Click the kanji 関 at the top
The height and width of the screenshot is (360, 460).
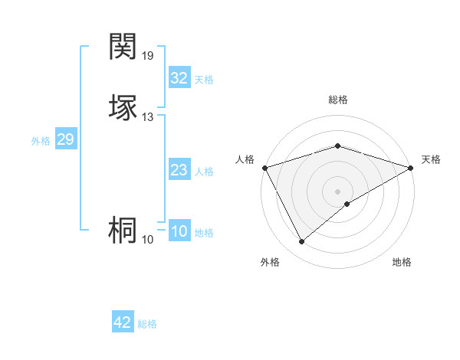(x=123, y=47)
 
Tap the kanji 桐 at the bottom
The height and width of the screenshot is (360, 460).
(x=123, y=231)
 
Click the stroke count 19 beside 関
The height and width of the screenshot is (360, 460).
(x=149, y=56)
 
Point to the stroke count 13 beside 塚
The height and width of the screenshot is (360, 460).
(x=148, y=117)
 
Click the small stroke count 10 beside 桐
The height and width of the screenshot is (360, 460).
(x=148, y=240)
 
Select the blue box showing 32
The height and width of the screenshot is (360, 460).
(x=179, y=78)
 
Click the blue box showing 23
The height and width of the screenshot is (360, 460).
(x=179, y=170)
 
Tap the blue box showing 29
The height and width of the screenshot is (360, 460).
(x=65, y=139)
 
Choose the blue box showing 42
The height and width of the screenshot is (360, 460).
(x=122, y=322)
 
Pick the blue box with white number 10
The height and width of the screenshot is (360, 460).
(x=179, y=231)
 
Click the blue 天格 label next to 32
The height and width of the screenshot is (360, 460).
(x=204, y=80)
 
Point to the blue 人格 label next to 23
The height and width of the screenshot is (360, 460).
(x=204, y=172)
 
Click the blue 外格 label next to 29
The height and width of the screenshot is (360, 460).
(x=41, y=141)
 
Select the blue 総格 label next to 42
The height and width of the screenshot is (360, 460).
(x=147, y=324)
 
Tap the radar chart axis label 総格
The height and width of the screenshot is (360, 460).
(x=337, y=100)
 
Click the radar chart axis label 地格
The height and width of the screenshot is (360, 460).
(x=402, y=262)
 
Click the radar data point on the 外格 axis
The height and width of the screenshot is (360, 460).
(x=301, y=242)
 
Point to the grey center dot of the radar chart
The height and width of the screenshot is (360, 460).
(x=337, y=191)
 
